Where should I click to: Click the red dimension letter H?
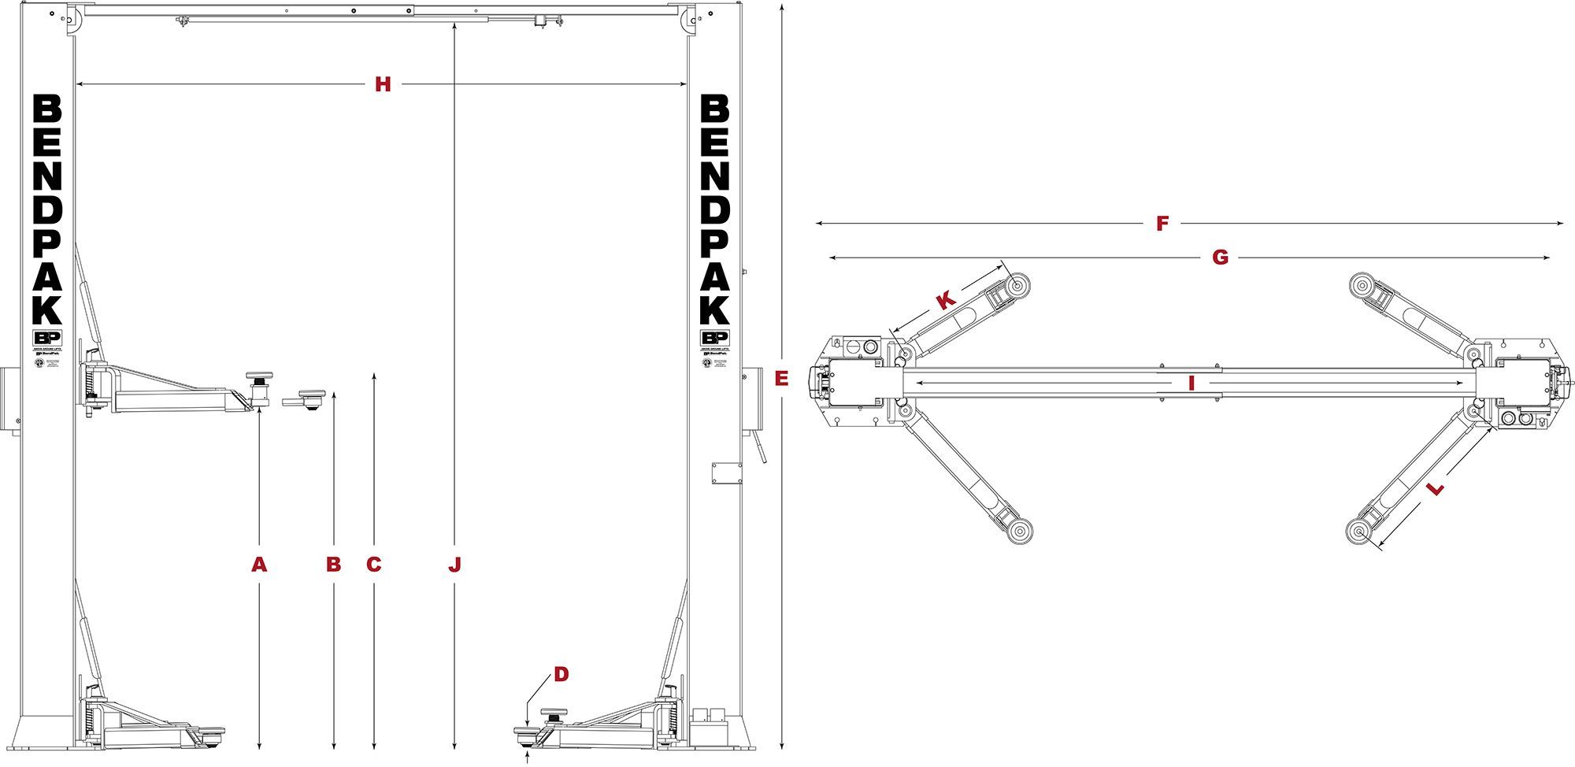point(383,84)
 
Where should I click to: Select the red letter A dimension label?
point(259,565)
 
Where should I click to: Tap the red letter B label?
point(334,565)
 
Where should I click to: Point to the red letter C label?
point(374,565)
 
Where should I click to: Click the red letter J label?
point(454,565)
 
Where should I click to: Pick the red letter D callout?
point(561,674)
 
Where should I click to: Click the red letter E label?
point(781,380)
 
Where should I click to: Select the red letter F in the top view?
point(1162,224)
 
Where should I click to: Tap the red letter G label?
point(1220,258)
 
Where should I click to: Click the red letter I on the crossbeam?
point(1191,383)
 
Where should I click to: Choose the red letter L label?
point(1436,489)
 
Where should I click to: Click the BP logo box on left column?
point(46,337)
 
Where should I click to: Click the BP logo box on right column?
point(714,337)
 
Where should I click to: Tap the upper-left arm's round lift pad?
point(1020,285)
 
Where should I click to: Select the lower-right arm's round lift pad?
point(1360,532)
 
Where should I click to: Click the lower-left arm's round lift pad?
point(1020,532)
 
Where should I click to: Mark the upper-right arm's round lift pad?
point(1362,285)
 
